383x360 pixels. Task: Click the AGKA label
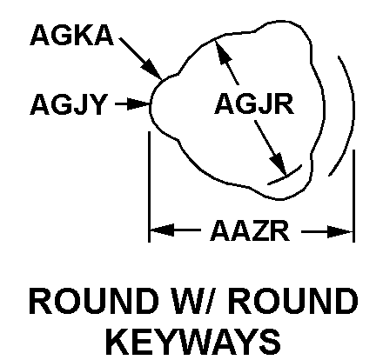tap(71, 35)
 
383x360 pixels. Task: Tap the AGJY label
tap(69, 104)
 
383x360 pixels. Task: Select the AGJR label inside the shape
tap(254, 103)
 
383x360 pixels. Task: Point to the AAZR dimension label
tap(250, 231)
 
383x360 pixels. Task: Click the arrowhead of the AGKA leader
tap(152, 70)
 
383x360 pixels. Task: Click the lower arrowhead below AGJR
tap(278, 163)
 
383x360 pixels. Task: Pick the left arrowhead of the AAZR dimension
tap(162, 230)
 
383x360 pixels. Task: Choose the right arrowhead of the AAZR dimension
tap(340, 231)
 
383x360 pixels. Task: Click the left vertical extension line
tap(149, 187)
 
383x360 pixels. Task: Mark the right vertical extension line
tap(353, 196)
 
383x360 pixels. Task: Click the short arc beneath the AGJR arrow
tap(286, 176)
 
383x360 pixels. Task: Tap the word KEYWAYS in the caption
tap(193, 341)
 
